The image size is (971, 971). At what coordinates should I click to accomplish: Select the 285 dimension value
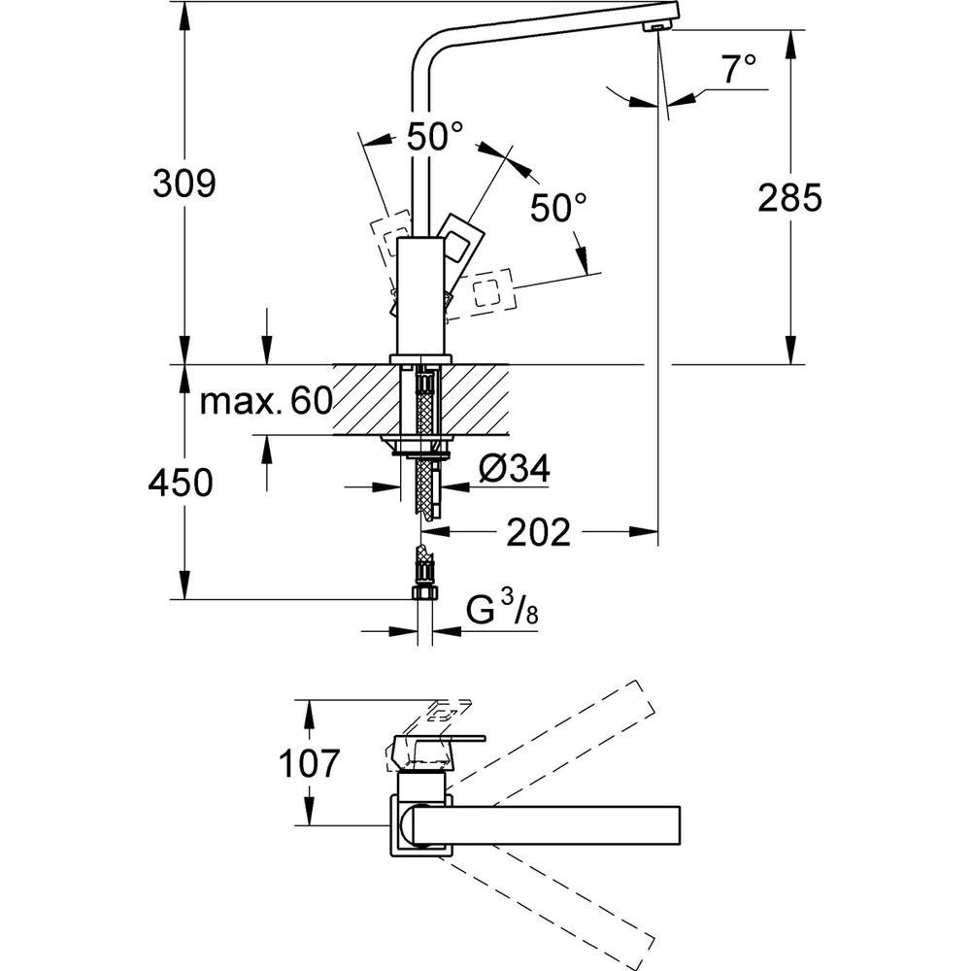[789, 198]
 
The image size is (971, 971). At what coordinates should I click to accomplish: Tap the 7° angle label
[738, 69]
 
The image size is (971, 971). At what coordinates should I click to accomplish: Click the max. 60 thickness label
[265, 400]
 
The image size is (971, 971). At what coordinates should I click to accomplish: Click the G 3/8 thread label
[501, 611]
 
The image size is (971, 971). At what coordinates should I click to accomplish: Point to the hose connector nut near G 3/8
[423, 594]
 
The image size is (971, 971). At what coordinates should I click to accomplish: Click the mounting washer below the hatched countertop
[420, 449]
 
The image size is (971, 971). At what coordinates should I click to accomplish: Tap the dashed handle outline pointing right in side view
[489, 292]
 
